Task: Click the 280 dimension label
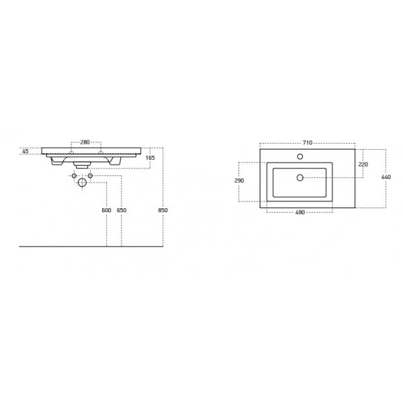tap(85, 142)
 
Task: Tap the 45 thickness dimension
tap(26, 151)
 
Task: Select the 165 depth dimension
tap(150, 157)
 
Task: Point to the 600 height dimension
tap(106, 211)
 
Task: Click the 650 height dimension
tap(121, 211)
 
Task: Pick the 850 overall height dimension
tap(163, 211)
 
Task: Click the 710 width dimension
tap(307, 142)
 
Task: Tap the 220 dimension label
tap(363, 164)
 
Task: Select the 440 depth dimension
tap(387, 177)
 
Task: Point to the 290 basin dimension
tap(239, 181)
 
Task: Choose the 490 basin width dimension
tap(300, 212)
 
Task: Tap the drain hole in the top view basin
tap(300, 178)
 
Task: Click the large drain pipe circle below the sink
tap(82, 182)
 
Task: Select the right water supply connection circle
tap(90, 176)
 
